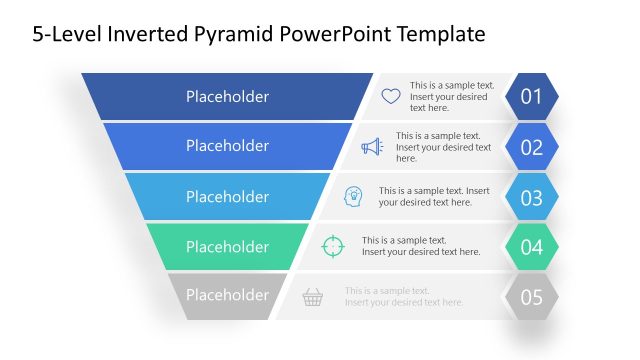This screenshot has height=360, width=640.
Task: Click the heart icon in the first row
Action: (391, 97)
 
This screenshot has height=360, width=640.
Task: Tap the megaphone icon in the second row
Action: (372, 147)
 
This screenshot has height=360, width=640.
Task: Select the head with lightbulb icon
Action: (353, 196)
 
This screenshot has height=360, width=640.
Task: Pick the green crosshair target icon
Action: (332, 246)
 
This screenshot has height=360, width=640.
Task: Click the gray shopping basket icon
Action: (313, 296)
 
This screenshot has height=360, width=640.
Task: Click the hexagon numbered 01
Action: (531, 97)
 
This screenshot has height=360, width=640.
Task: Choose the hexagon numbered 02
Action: (531, 147)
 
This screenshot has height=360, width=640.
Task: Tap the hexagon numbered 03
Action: (531, 197)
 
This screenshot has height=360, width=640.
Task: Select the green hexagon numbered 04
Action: (531, 247)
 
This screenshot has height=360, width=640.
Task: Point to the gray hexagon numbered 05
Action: (531, 296)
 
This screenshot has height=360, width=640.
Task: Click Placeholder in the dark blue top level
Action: (227, 97)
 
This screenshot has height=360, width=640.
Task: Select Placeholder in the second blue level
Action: (227, 146)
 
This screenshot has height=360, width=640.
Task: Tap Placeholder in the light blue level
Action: (227, 196)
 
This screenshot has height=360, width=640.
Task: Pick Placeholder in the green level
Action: (227, 246)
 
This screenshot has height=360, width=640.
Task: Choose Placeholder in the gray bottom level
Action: (227, 295)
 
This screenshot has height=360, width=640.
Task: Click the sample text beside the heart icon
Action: (451, 97)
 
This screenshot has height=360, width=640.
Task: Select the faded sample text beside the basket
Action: (404, 296)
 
